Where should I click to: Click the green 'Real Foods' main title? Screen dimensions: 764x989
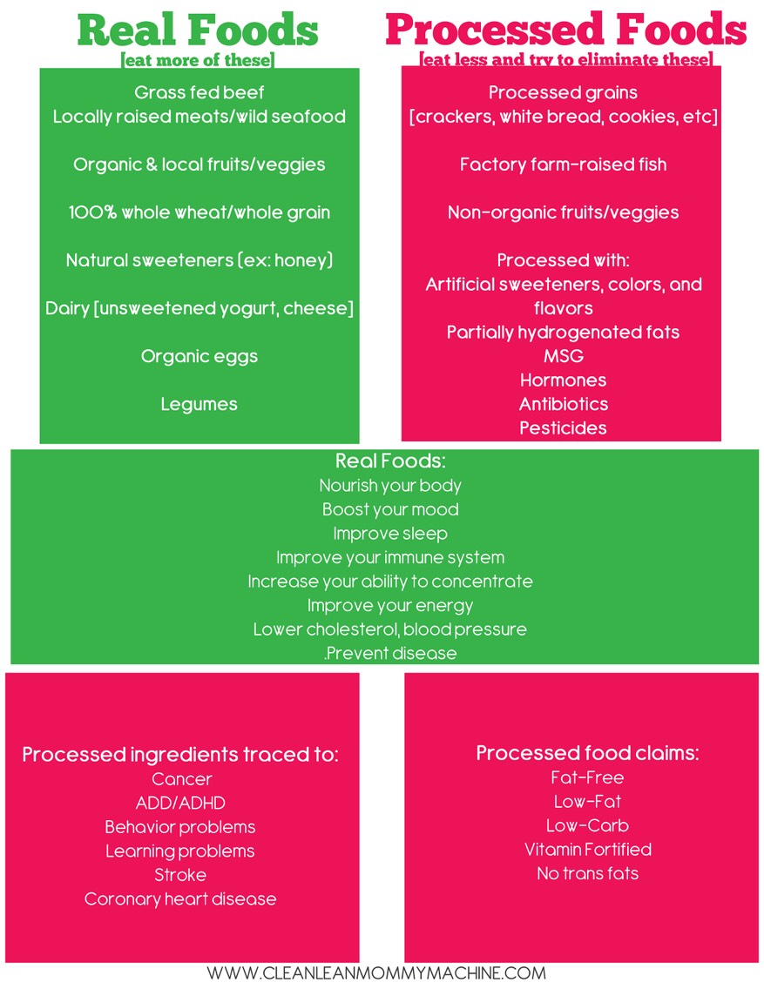198,30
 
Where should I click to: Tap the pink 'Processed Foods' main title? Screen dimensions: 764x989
565,30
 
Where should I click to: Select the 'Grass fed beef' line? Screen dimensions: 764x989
199,92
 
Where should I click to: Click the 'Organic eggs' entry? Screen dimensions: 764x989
199,357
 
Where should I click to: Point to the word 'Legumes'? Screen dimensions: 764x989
199,404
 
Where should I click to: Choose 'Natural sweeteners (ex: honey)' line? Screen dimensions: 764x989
199,260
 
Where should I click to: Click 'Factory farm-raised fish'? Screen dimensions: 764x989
563,165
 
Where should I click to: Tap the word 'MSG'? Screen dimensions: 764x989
564,356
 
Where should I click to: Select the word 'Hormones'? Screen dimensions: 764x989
564,380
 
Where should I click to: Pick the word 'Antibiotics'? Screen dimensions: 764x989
564,404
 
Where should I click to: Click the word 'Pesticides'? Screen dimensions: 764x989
564,428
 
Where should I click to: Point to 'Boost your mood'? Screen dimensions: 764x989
390,509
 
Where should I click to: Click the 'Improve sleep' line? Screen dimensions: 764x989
390,535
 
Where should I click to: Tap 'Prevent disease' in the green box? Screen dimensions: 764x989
390,654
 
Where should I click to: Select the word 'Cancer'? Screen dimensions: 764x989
182,779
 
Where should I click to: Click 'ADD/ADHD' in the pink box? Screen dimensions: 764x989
180,803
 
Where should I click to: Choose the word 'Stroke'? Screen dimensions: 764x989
180,875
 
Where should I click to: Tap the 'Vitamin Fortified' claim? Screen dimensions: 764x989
588,850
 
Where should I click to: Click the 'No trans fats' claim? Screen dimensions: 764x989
588,873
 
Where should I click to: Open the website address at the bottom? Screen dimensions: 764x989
376,973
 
